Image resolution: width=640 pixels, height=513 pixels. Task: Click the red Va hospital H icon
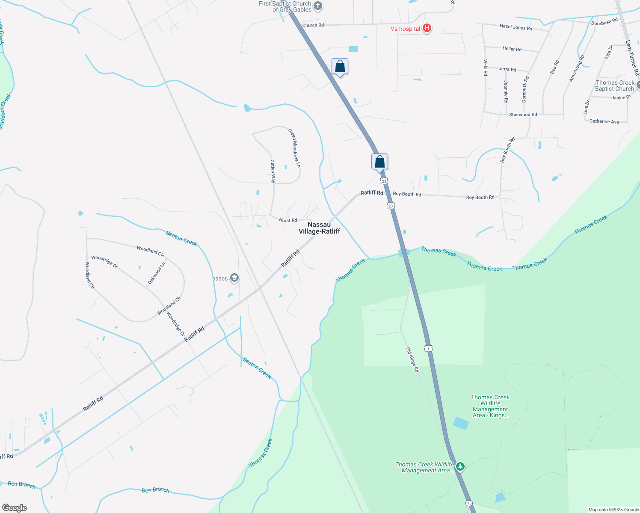(427, 28)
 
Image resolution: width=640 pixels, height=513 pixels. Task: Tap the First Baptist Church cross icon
(317, 6)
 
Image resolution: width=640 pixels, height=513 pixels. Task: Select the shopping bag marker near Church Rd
(340, 67)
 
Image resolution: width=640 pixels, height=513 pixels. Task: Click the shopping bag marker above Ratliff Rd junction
(379, 162)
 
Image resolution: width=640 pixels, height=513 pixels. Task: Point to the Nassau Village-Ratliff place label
(319, 228)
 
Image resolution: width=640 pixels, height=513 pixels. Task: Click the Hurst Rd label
(288, 220)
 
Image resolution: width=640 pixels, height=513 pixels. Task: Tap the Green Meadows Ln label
(294, 148)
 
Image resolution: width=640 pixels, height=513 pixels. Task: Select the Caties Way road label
(273, 171)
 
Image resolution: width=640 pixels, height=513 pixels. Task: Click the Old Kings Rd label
(412, 360)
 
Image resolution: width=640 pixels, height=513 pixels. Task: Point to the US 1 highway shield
(429, 348)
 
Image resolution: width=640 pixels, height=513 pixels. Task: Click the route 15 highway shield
(469, 503)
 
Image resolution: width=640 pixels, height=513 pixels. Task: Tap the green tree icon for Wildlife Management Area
(460, 466)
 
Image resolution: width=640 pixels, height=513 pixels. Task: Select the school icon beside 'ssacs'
(234, 278)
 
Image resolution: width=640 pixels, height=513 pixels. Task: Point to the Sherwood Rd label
(523, 115)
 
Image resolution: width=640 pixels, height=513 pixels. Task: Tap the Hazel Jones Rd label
(516, 27)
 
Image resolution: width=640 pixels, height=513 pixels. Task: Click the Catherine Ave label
(604, 121)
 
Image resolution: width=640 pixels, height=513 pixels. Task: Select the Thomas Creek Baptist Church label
(615, 85)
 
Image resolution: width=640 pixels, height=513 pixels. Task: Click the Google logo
(15, 508)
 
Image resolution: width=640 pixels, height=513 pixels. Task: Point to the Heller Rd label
(512, 49)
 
